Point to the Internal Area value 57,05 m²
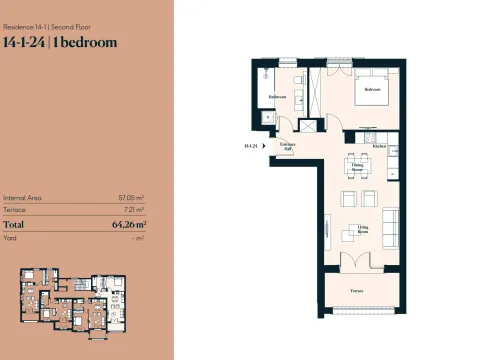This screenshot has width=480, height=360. pyautogui.click(x=131, y=199)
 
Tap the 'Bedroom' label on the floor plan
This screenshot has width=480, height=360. pyautogui.click(x=373, y=90)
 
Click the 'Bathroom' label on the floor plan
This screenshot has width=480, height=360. pyautogui.click(x=277, y=96)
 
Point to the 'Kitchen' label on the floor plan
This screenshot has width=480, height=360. pyautogui.click(x=379, y=147)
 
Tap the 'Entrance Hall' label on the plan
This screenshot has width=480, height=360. pyautogui.click(x=287, y=147)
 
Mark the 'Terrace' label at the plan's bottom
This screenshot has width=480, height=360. pyautogui.click(x=356, y=290)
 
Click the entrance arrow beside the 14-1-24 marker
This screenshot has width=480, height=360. pyautogui.click(x=264, y=147)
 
